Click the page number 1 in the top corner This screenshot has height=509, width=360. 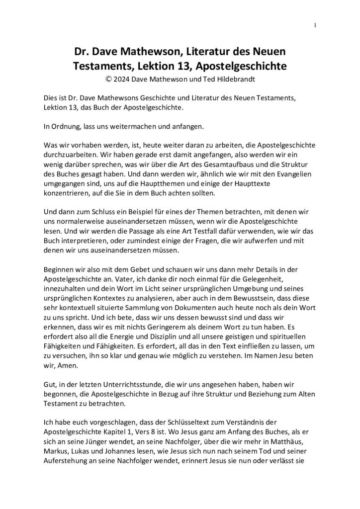pyautogui.click(x=316, y=25)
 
